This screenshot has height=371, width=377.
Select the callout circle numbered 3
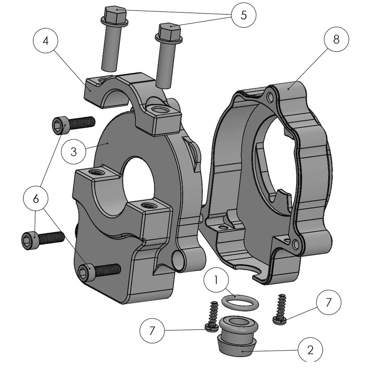click(x=74, y=152)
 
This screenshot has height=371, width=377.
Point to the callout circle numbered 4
click(x=46, y=41)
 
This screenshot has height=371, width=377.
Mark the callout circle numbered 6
click(x=36, y=199)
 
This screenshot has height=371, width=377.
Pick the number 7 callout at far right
click(x=328, y=302)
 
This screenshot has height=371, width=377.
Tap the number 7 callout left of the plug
click(x=152, y=331)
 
